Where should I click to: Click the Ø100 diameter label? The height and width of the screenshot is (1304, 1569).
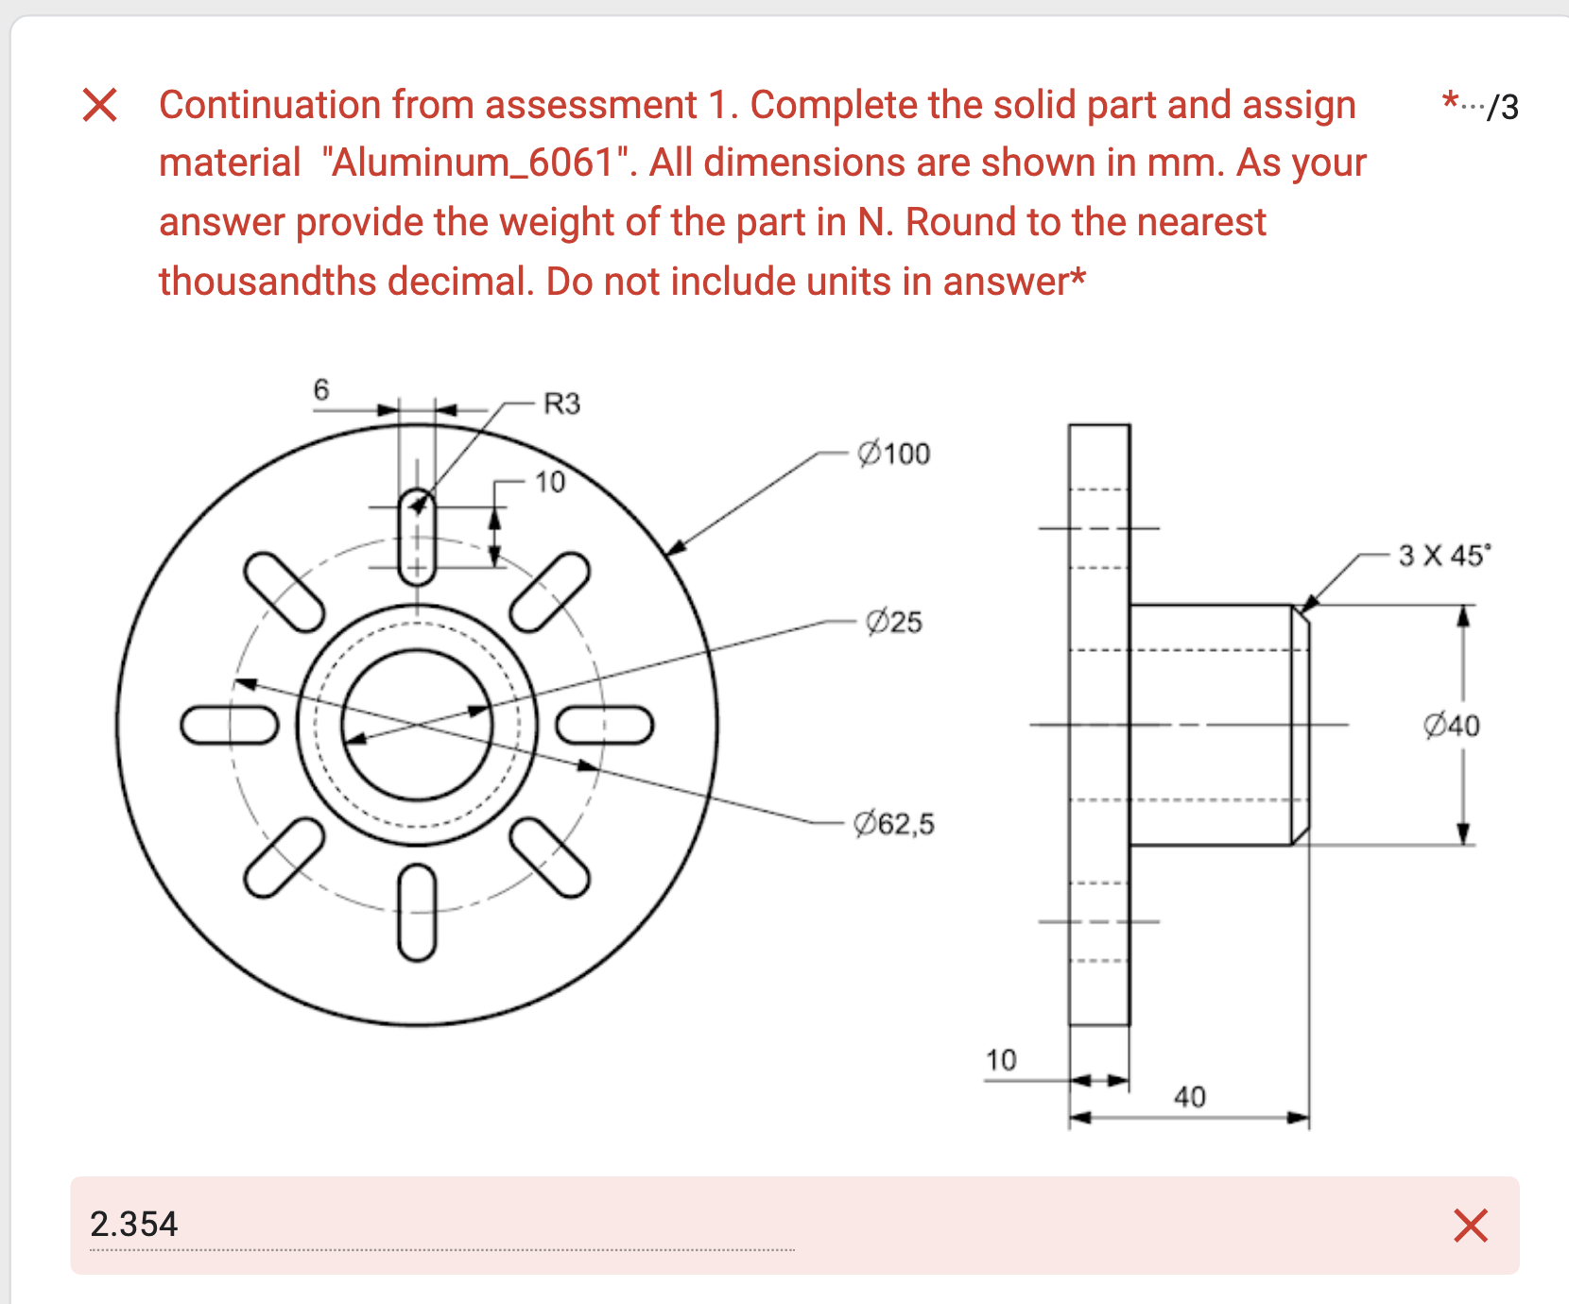[893, 455]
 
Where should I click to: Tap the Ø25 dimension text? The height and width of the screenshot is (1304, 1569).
[893, 622]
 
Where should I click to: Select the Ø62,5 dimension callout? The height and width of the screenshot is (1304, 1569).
[893, 824]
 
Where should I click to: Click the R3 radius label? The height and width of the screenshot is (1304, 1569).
[561, 404]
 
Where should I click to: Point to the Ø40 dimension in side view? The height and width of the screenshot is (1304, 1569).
[1451, 726]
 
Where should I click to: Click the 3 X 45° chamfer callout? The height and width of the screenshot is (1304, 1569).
[1443, 555]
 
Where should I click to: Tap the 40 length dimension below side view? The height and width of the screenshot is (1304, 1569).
[1189, 1097]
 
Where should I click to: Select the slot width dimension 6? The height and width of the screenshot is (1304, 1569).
[321, 389]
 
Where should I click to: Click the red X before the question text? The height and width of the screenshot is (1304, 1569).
[99, 105]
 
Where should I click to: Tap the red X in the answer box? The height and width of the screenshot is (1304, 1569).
[1470, 1226]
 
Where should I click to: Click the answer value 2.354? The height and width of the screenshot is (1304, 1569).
[133, 1225]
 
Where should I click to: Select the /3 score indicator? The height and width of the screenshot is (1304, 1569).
[1502, 108]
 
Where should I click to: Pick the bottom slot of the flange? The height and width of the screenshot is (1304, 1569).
[417, 913]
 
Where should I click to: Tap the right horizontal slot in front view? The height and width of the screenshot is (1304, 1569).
[604, 725]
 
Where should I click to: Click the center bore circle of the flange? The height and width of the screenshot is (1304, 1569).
[417, 725]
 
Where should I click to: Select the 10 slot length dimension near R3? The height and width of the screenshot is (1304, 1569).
[549, 483]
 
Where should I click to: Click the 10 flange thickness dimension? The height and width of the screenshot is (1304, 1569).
[1001, 1060]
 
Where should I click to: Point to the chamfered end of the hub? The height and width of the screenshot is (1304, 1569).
[1301, 725]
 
